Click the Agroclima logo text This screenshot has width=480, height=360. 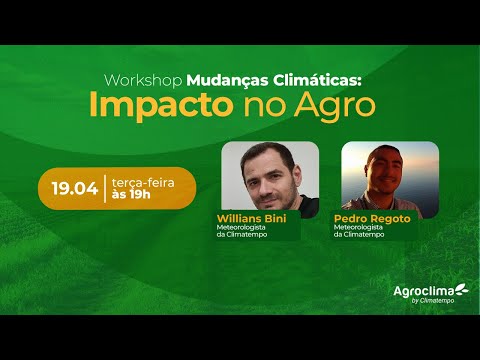coord(423,290)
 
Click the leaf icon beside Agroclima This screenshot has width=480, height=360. coord(461,289)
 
